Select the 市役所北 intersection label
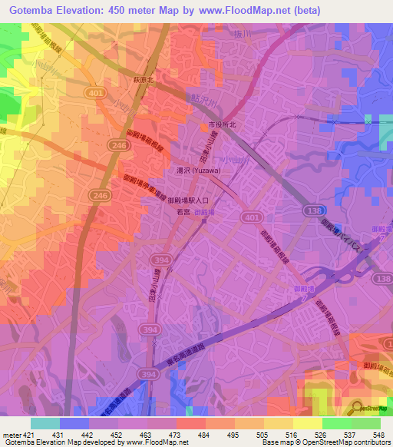(x=219, y=124)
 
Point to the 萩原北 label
(x=140, y=79)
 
